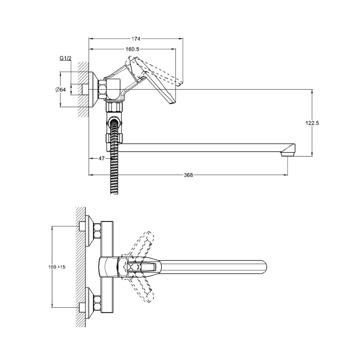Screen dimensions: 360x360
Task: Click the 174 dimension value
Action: (x=136, y=39)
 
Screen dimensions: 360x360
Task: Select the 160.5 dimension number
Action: (x=132, y=49)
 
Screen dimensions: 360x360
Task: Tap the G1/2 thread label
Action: (x=65, y=58)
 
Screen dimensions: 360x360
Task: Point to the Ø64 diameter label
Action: (x=61, y=90)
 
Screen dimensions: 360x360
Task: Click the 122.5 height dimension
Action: (x=312, y=123)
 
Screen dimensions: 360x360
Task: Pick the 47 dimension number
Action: (x=102, y=158)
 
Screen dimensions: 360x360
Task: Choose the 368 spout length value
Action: (x=188, y=175)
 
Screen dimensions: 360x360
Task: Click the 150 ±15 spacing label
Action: (x=57, y=267)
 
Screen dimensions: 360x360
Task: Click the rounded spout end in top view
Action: (x=265, y=267)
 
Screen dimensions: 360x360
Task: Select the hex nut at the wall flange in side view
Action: (x=103, y=90)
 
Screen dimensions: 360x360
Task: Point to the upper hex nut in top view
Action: (x=97, y=231)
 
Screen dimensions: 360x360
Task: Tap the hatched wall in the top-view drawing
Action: (x=81, y=267)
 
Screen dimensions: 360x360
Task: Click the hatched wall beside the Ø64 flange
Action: (x=83, y=90)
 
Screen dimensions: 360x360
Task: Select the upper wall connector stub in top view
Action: (x=82, y=226)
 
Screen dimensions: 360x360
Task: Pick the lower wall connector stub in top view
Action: (x=82, y=308)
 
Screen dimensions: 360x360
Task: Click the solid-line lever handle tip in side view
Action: (x=172, y=103)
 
